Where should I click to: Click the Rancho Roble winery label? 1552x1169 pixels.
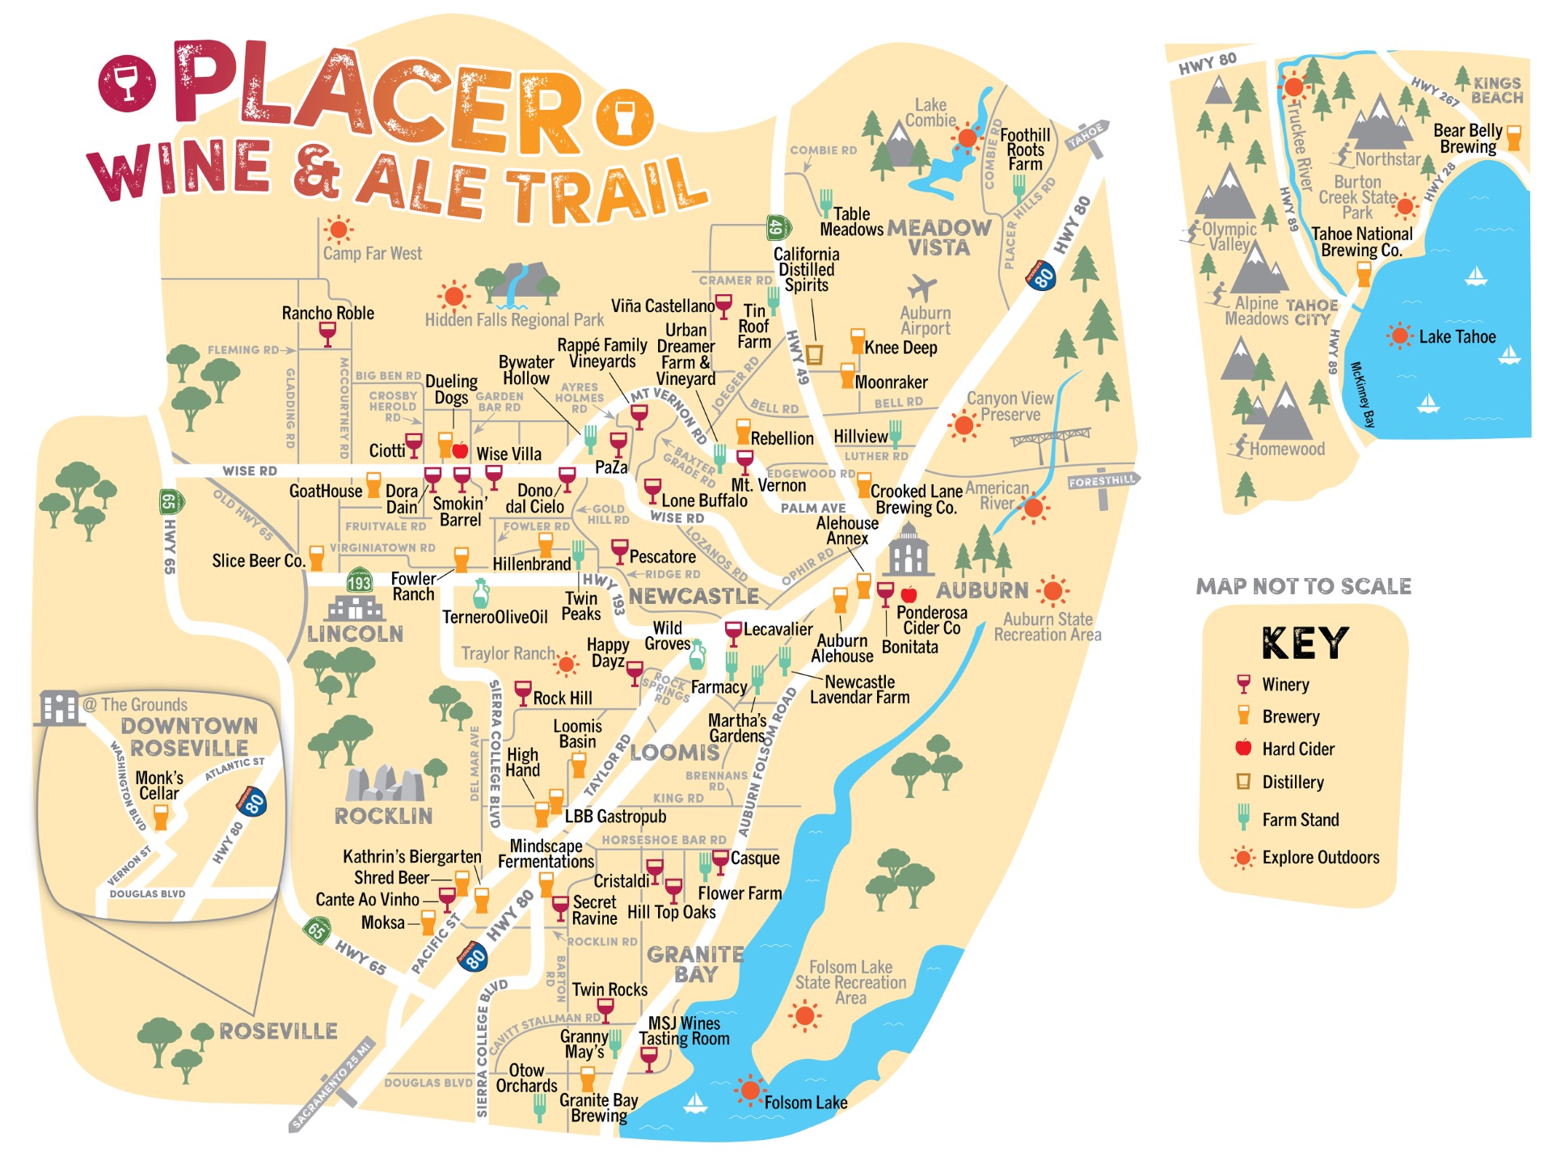[x=327, y=313]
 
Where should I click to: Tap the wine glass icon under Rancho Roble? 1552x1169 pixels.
[x=327, y=333]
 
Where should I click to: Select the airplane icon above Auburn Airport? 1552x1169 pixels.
[x=922, y=287]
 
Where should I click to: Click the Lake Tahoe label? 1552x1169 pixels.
[x=1457, y=337]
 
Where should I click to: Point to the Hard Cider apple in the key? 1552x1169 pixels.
[x=1243, y=748]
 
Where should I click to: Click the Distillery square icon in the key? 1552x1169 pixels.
[x=1243, y=781]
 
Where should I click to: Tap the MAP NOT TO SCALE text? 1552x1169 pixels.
[x=1303, y=586]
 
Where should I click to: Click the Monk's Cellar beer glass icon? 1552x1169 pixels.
[x=161, y=817]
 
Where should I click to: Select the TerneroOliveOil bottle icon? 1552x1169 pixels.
[x=481, y=594]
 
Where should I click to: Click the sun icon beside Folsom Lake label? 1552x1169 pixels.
[x=750, y=1091]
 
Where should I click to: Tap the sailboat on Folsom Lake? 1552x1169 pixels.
[x=695, y=1103]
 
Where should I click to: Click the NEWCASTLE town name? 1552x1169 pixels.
[x=694, y=597]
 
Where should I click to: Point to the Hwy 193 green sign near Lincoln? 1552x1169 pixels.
[x=359, y=582]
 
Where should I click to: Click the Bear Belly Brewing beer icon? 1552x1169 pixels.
[x=1513, y=137]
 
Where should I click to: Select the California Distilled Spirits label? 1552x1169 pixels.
[x=806, y=269]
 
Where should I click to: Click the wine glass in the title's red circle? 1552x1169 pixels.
[x=127, y=84]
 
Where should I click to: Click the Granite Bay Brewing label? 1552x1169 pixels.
[x=598, y=1108]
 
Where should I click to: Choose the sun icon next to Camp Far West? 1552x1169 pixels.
[x=338, y=230]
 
